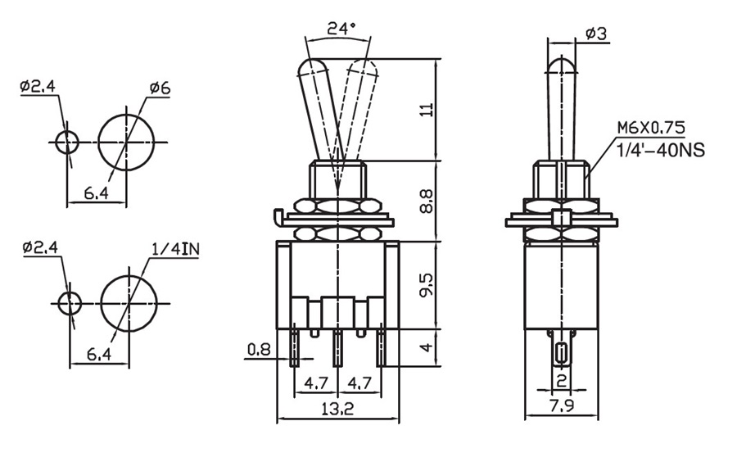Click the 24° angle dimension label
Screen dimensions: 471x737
tap(341, 28)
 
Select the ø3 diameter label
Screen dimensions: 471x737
tap(595, 34)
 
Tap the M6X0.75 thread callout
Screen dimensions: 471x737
tap(651, 129)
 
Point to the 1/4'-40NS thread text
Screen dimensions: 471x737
tap(660, 150)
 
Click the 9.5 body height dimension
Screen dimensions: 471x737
tap(426, 286)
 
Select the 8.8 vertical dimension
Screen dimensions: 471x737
tap(426, 202)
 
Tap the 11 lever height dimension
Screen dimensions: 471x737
tap(426, 110)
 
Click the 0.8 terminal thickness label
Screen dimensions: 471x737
tap(259, 350)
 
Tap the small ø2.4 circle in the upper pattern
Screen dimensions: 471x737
tap(67, 142)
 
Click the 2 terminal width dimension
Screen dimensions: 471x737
tap(561, 380)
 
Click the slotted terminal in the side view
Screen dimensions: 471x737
tap(561, 353)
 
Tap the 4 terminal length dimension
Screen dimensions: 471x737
tap(426, 347)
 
